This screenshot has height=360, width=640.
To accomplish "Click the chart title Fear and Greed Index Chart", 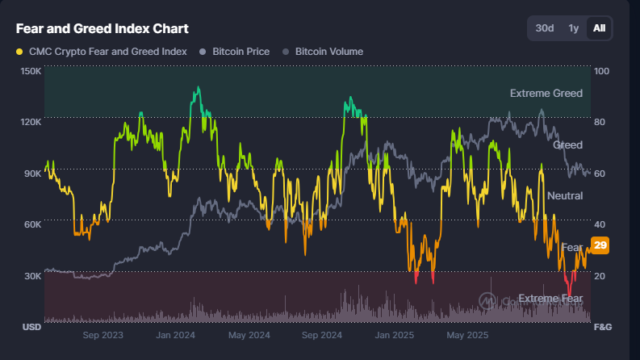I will click(x=102, y=28).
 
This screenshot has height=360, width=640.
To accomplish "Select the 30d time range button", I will click(x=545, y=28).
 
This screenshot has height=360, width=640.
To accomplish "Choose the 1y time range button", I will click(x=573, y=28).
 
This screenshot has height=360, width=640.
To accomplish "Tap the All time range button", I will click(x=599, y=28).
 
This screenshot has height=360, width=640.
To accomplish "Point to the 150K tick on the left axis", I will click(x=31, y=71).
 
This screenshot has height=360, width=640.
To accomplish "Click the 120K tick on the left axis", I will click(x=31, y=122).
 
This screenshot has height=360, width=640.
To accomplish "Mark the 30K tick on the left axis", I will click(x=31, y=276).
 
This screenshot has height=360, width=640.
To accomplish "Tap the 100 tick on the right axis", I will click(x=601, y=71).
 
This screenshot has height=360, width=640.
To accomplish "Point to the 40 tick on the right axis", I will click(x=600, y=224).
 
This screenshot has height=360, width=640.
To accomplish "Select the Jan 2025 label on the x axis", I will click(x=394, y=334).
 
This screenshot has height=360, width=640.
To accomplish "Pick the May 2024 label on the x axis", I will click(x=248, y=334).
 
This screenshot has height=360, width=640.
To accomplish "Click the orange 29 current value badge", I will click(x=600, y=245).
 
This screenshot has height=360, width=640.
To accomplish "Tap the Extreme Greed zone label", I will click(x=546, y=94).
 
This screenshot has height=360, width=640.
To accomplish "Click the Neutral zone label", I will click(x=564, y=196).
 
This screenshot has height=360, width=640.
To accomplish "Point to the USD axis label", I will click(x=31, y=327).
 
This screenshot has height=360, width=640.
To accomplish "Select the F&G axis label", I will click(x=603, y=327).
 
